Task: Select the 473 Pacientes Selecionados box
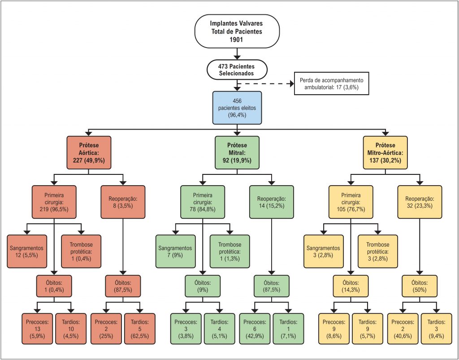pos(237,69)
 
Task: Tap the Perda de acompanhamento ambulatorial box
pos(332,83)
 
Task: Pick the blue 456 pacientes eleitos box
pos(237,108)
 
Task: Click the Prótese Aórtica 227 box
pos(89,152)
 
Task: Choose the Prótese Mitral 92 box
pos(237,152)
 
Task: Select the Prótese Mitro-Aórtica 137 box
pos(385,152)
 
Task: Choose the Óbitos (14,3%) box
pos(350,286)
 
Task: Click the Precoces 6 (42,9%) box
pos(254,329)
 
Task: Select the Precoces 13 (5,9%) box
pos(37,329)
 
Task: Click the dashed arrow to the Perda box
pos(264,83)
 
